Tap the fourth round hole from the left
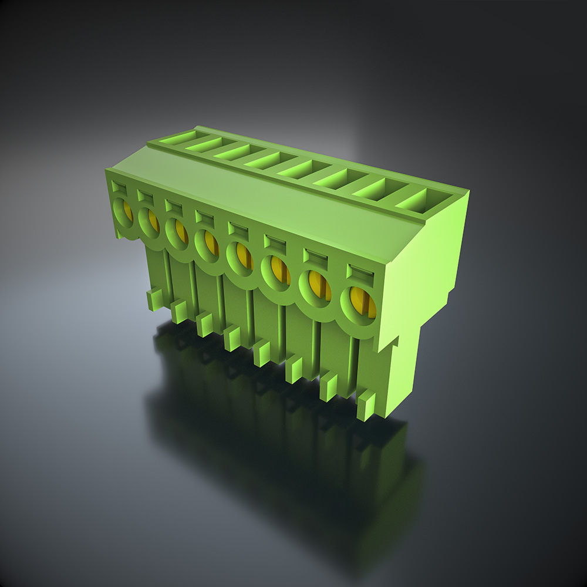point(207,245)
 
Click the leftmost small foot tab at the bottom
point(155,300)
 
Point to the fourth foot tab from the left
point(232,339)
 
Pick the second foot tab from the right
point(329,387)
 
